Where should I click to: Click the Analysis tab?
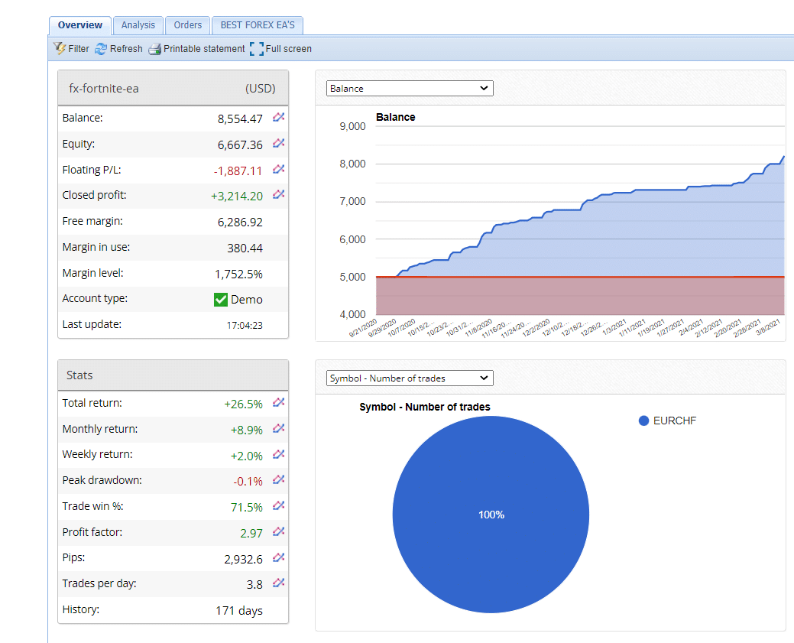pyautogui.click(x=138, y=25)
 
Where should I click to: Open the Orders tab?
pyautogui.click(x=187, y=25)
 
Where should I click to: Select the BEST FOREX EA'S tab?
pyautogui.click(x=257, y=25)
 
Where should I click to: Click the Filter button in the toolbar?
pyautogui.click(x=71, y=49)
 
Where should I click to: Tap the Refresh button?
pyautogui.click(x=118, y=49)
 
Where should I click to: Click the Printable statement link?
pyautogui.click(x=196, y=49)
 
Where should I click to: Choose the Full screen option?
pyautogui.click(x=280, y=49)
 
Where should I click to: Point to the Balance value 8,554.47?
pyautogui.click(x=240, y=119)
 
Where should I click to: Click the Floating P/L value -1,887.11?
pyautogui.click(x=238, y=170)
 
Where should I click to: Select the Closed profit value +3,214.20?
pyautogui.click(x=237, y=196)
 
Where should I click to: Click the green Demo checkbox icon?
pyautogui.click(x=221, y=300)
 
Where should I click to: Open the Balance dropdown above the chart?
pyautogui.click(x=410, y=89)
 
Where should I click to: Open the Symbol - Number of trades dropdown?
pyautogui.click(x=410, y=378)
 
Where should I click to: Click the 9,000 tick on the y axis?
pyautogui.click(x=352, y=126)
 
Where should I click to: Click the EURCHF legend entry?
pyautogui.click(x=667, y=421)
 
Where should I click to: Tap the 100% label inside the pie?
pyautogui.click(x=491, y=515)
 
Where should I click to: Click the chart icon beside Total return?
pyautogui.click(x=279, y=403)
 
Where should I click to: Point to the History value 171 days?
pyautogui.click(x=239, y=611)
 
